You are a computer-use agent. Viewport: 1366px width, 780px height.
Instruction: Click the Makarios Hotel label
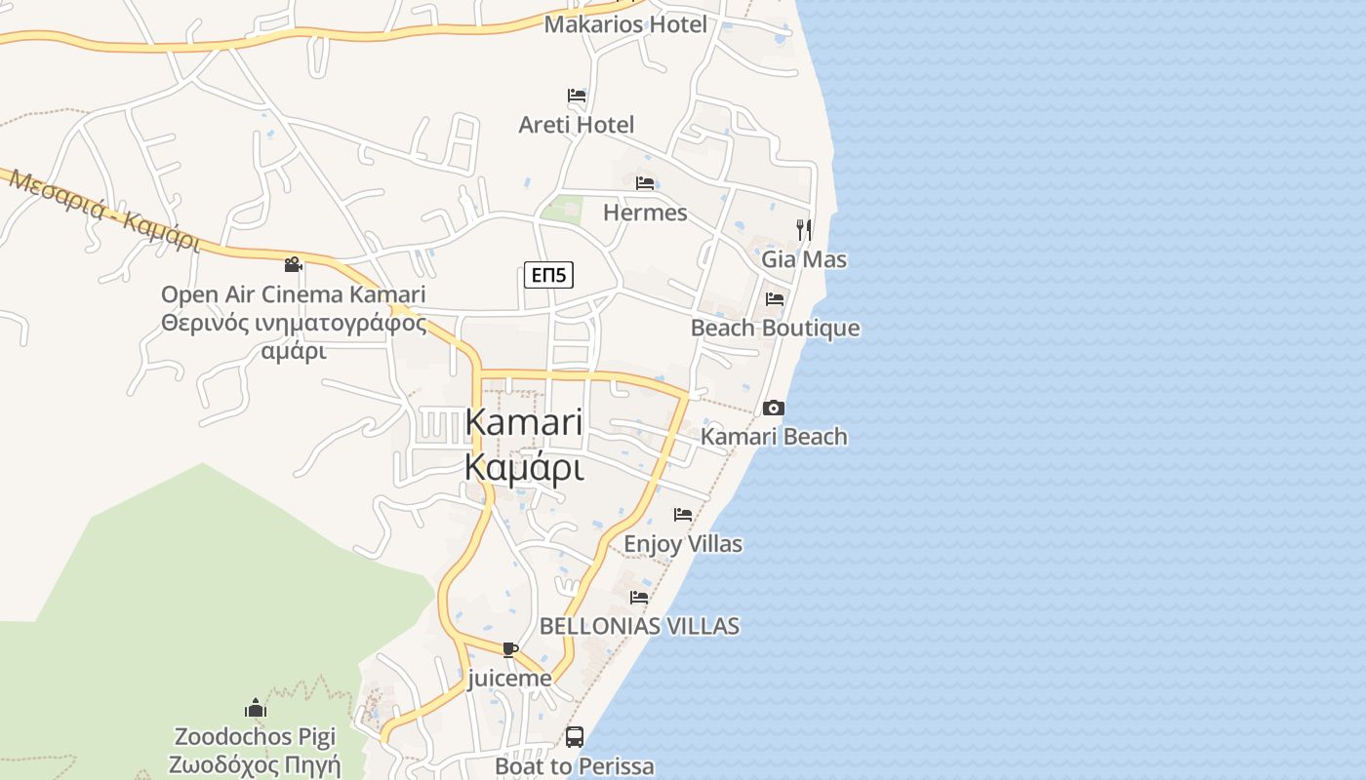625,24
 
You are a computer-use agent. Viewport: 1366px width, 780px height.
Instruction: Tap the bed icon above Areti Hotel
577,96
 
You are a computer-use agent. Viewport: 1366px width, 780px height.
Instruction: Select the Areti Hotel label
577,125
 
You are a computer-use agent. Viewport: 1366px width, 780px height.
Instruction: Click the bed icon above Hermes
644,183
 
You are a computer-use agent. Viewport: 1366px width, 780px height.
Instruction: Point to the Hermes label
645,213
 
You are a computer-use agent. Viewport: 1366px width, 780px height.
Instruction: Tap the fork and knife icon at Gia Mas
804,230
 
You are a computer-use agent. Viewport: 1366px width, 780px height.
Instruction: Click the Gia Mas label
804,260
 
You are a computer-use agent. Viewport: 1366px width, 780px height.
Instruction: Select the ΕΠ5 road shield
548,276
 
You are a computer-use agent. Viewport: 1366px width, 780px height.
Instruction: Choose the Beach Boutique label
776,329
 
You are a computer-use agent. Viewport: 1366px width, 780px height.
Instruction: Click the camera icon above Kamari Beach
774,408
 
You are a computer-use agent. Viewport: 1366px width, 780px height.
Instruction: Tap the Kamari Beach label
774,437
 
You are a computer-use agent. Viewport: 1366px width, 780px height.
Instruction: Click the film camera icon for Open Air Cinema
293,264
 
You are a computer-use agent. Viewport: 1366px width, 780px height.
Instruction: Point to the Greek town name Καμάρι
524,469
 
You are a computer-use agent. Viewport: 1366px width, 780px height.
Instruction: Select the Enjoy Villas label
683,544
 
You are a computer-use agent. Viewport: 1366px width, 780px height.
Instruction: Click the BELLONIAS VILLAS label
639,626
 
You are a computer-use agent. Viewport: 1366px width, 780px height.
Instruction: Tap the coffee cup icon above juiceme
509,649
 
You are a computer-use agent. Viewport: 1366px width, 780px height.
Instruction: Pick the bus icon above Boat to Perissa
575,737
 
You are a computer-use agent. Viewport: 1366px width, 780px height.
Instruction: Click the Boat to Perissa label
575,766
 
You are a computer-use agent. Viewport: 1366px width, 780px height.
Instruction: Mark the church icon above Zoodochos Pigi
256,708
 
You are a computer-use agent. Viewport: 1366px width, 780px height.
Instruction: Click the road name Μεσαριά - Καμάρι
102,211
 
